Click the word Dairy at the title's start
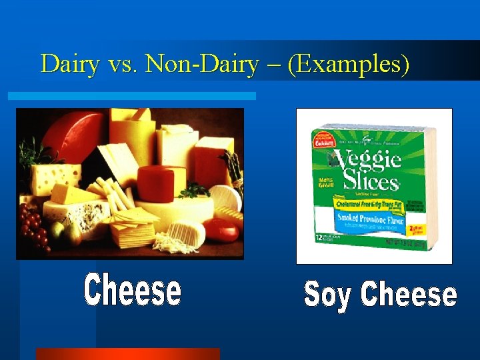(x=69, y=64)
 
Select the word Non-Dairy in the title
(x=202, y=64)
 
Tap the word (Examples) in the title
(x=349, y=65)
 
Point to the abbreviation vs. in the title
(x=122, y=65)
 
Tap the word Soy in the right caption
(x=327, y=295)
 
